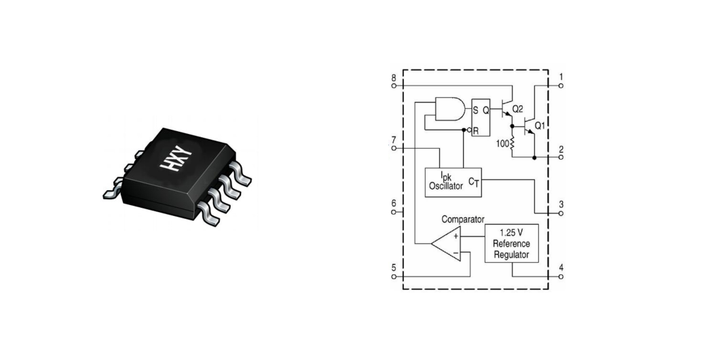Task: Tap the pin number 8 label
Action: tap(394, 78)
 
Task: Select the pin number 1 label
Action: tap(561, 77)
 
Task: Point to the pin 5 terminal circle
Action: tap(394, 276)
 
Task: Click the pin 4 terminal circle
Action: tap(561, 276)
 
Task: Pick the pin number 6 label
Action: tap(394, 203)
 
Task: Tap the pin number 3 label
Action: tap(561, 204)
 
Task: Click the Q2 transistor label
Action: tap(518, 109)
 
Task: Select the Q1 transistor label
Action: tap(540, 125)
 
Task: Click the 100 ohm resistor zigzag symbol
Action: tap(512, 143)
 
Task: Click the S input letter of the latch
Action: tap(475, 109)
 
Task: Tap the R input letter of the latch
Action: tap(475, 132)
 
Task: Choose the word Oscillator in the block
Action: tap(446, 185)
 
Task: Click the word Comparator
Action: tap(463, 219)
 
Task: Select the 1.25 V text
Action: tap(511, 232)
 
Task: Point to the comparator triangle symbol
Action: tap(446, 244)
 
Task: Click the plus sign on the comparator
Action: tap(456, 236)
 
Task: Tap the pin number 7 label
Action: tap(394, 139)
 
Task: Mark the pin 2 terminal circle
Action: tap(561, 157)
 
